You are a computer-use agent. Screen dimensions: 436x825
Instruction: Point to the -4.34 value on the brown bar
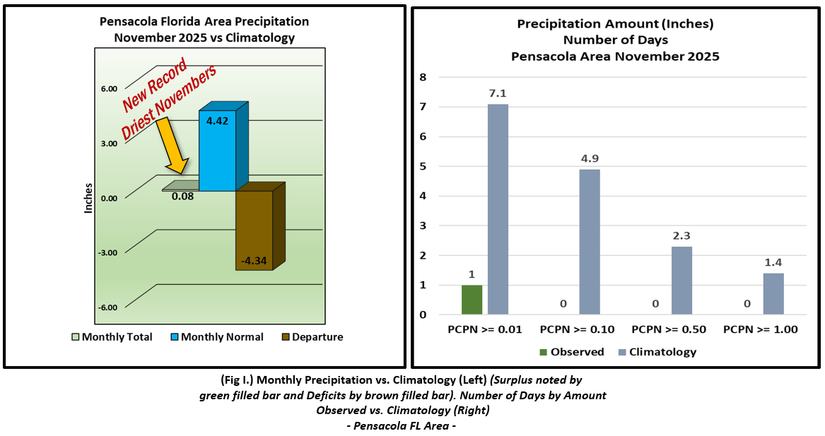pyautogui.click(x=253, y=261)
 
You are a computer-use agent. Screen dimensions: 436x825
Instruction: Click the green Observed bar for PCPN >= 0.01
pyautogui.click(x=472, y=300)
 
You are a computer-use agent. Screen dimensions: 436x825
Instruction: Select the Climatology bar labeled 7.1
pyautogui.click(x=497, y=209)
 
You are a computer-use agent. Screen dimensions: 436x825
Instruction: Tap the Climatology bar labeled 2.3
pyautogui.click(x=681, y=281)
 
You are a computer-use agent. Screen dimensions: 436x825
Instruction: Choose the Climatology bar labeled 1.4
pyautogui.click(x=773, y=294)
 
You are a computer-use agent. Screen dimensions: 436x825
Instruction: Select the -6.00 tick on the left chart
pyautogui.click(x=108, y=307)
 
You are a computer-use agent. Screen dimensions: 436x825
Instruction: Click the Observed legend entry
pyautogui.click(x=571, y=352)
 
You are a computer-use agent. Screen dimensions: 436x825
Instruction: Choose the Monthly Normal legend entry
pyautogui.click(x=216, y=337)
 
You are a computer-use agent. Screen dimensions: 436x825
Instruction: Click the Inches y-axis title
pyautogui.click(x=88, y=199)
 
